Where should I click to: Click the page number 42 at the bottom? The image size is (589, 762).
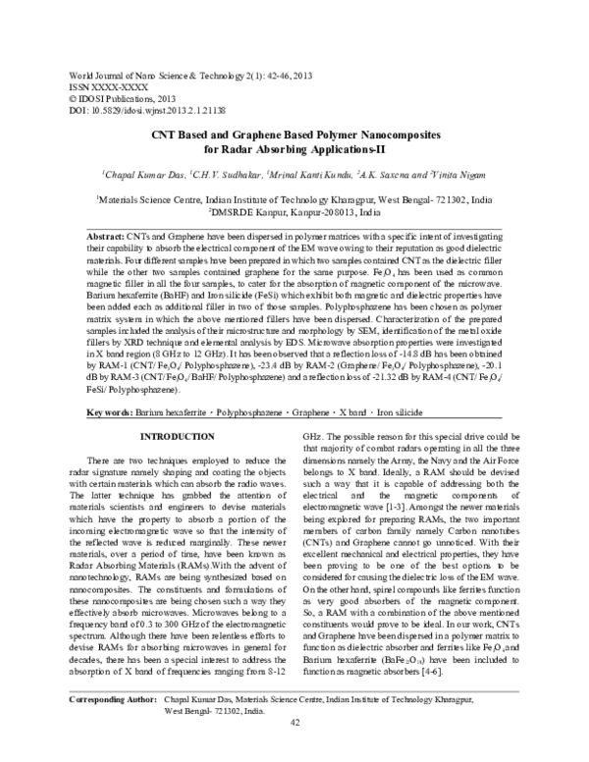point(294,751)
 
